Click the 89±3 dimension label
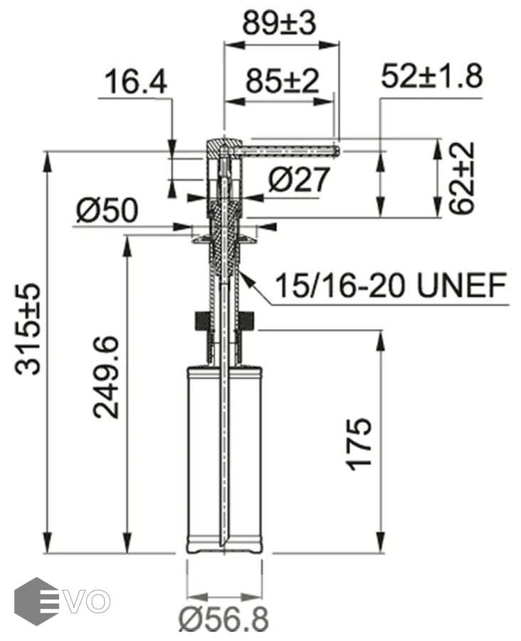(x=279, y=23)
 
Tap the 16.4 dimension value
(x=136, y=81)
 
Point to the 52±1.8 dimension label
(x=432, y=76)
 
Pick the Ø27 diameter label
(x=299, y=179)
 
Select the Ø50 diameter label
(x=107, y=211)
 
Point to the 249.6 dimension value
(x=105, y=377)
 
